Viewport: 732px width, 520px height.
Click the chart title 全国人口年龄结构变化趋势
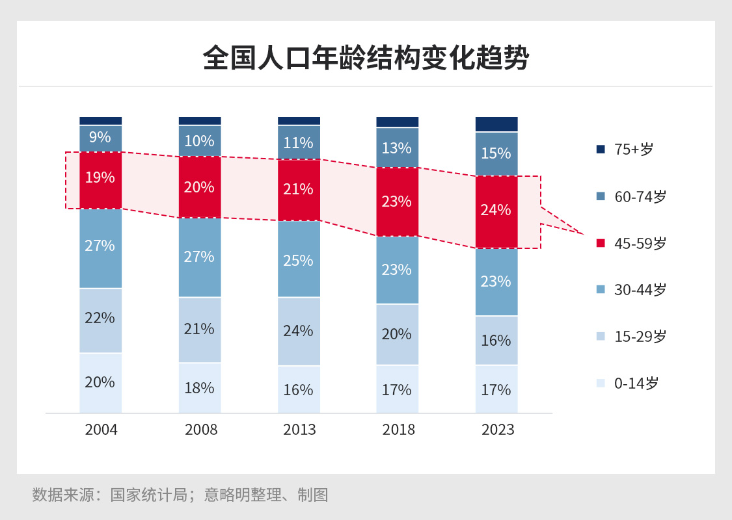366,58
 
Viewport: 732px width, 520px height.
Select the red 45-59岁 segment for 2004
101,180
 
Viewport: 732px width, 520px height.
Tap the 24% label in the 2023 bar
496,210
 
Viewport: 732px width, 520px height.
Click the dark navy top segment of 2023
496,124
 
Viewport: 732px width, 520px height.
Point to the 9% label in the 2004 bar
100,137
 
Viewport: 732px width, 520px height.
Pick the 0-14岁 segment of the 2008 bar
200,388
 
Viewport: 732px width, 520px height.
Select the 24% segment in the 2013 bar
299,331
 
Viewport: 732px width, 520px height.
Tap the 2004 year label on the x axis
101,430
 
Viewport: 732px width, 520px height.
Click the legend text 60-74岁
640,196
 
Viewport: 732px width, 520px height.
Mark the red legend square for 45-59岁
601,243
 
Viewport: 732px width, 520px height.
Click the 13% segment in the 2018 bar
398,148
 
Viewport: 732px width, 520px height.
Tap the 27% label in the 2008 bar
199,257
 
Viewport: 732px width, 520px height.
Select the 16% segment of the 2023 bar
496,341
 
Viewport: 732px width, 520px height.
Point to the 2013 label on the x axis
299,430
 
